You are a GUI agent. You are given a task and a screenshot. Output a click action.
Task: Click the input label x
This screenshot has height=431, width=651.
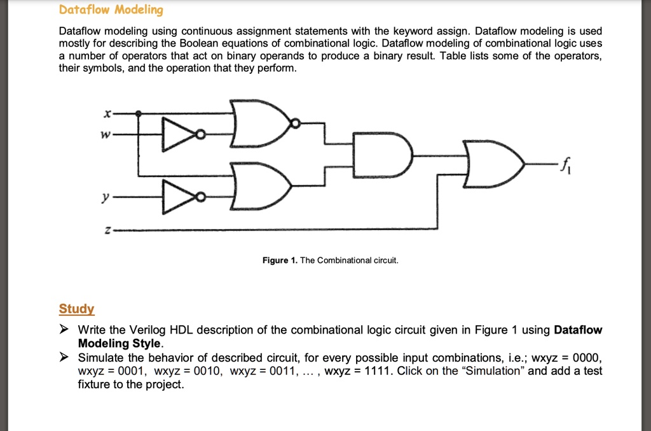[107, 113]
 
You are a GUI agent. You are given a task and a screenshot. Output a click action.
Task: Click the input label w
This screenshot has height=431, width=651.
[106, 135]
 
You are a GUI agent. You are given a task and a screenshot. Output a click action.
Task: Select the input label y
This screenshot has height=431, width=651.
[106, 197]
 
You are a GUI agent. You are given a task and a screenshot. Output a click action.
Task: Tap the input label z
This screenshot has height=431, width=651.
[107, 230]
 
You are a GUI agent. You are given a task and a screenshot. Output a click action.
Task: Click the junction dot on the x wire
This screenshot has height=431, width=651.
[138, 113]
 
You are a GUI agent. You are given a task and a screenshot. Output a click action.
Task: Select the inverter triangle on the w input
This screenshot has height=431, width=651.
[179, 134]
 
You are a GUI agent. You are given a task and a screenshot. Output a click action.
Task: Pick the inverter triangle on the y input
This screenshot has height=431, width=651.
[179, 197]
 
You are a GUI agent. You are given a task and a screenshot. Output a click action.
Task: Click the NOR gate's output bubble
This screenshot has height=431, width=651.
[295, 124]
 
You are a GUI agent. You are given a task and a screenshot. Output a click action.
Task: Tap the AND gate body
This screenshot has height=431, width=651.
[382, 155]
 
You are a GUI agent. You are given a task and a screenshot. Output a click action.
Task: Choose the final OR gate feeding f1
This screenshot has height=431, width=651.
[493, 164]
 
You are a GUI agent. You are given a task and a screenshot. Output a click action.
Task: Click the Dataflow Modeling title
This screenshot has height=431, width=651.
[111, 10]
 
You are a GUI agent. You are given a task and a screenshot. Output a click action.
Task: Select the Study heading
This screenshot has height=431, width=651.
[76, 309]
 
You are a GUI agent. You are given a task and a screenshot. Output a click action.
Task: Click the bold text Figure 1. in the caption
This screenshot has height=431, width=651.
[280, 260]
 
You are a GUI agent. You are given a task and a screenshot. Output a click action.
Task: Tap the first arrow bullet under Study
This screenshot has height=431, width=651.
[64, 330]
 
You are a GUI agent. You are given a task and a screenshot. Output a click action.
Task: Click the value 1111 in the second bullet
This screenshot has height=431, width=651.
[377, 371]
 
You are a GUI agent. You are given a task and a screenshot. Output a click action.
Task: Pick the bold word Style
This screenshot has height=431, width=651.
[146, 343]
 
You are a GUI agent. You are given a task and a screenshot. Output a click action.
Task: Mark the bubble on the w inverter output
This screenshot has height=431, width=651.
[200, 134]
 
